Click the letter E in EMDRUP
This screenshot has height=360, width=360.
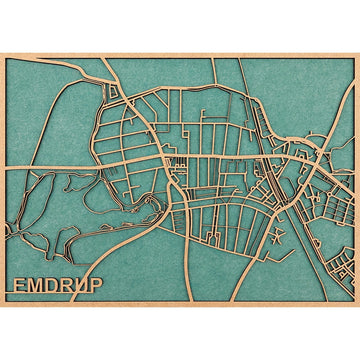pyautogui.click(x=21, y=285)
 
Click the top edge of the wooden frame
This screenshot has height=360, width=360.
pyautogui.click(x=180, y=52)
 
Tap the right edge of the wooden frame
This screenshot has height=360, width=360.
pyautogui.click(x=357, y=180)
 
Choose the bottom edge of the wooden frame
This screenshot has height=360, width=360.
pyautogui.click(x=180, y=305)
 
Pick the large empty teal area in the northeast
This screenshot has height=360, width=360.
pyautogui.click(x=300, y=90)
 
